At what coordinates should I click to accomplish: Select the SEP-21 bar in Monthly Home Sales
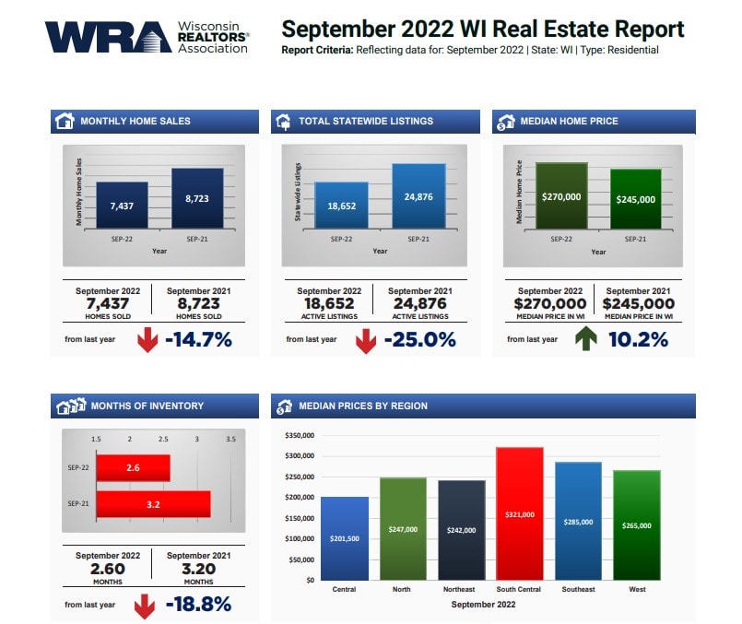[x=197, y=197]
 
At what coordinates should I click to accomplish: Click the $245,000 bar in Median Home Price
[x=636, y=198]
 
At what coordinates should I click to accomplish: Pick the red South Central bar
[x=519, y=513]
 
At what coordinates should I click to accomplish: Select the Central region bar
[x=344, y=538]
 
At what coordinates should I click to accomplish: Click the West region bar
[x=637, y=524]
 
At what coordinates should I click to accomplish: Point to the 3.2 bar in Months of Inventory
[x=153, y=504]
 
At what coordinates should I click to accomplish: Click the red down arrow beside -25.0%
[x=365, y=341]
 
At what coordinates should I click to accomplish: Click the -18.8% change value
[x=197, y=605]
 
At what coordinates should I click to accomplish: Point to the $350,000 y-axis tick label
[x=300, y=435]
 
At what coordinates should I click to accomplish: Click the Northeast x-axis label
[x=461, y=589]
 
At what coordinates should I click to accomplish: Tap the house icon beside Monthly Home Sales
[x=65, y=121]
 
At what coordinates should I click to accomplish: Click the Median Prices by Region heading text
[x=363, y=406]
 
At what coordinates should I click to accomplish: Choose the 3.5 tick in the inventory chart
[x=230, y=439]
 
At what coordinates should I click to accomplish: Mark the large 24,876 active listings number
[x=420, y=302]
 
